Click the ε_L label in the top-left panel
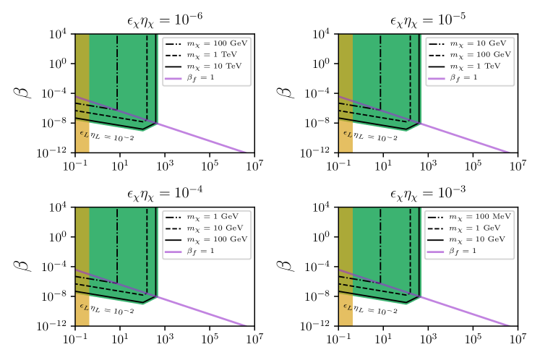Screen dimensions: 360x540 (84, 134)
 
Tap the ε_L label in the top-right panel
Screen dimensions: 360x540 (347, 134)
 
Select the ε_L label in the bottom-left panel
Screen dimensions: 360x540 (84, 307)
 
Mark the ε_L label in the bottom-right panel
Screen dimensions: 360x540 (347, 307)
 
